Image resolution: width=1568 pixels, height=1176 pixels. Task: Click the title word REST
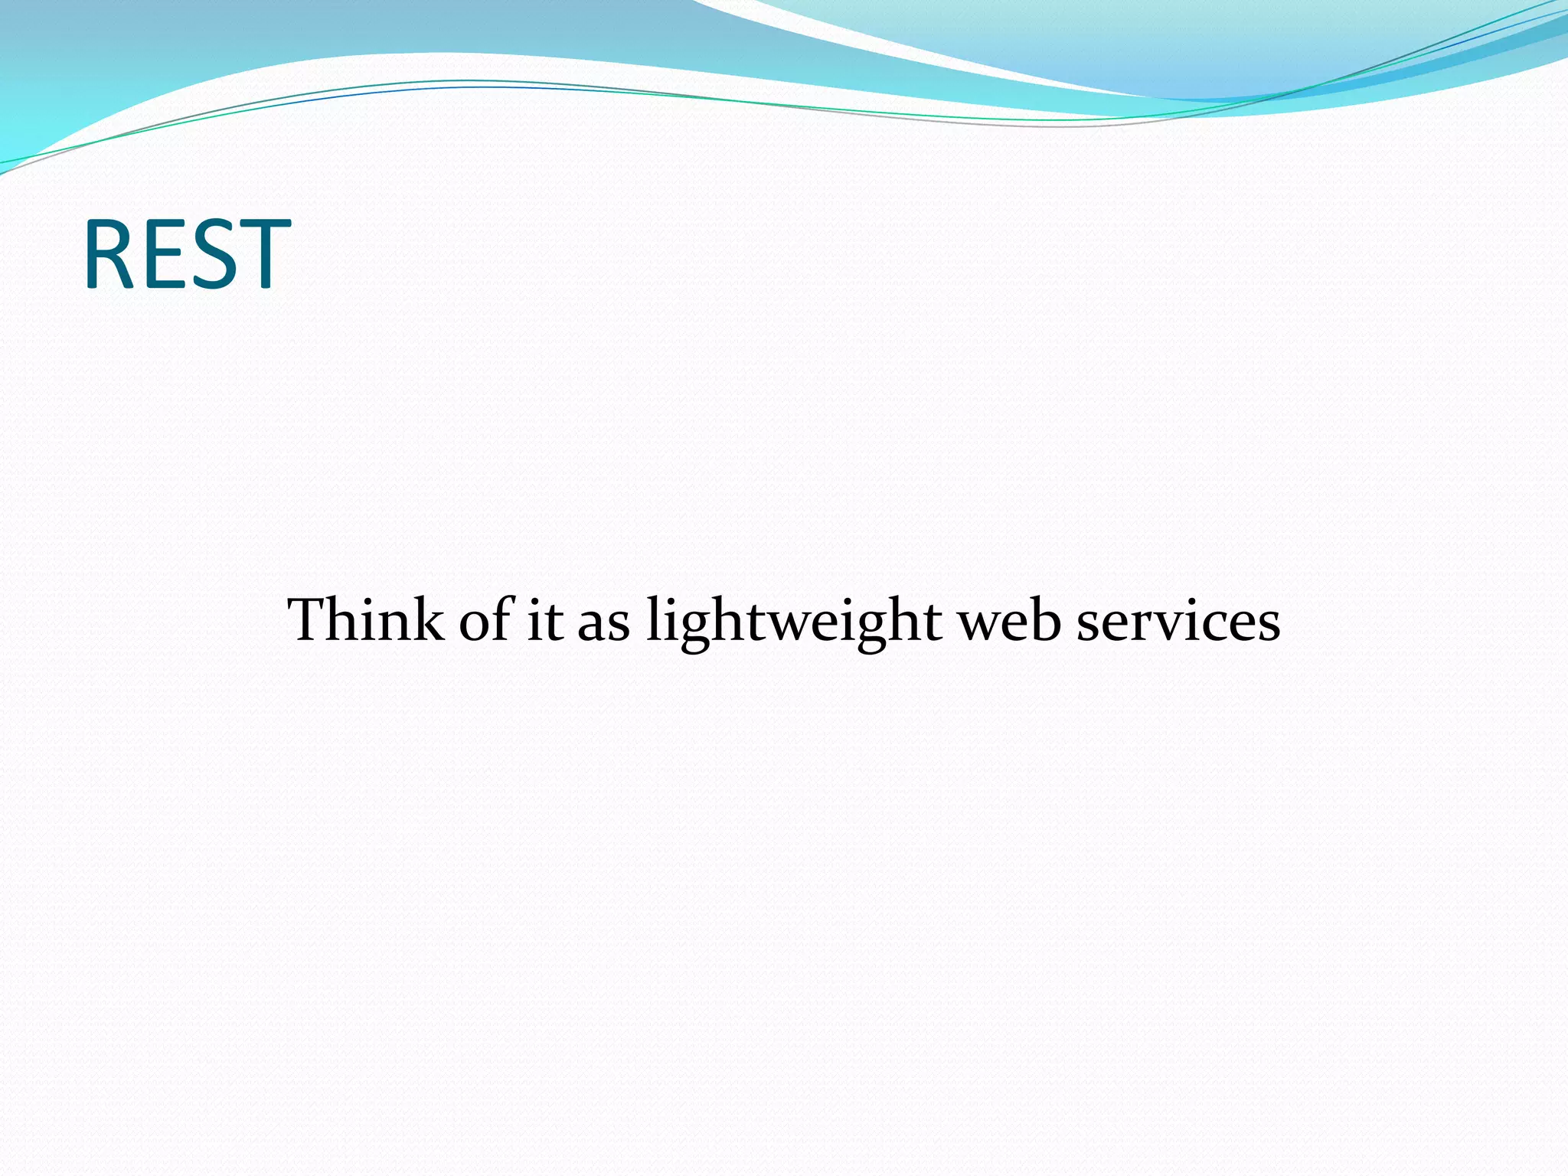pyautogui.click(x=187, y=254)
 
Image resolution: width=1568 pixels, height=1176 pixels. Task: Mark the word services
pyautogui.click(x=1178, y=620)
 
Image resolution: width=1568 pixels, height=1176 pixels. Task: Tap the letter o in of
pyautogui.click(x=475, y=623)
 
